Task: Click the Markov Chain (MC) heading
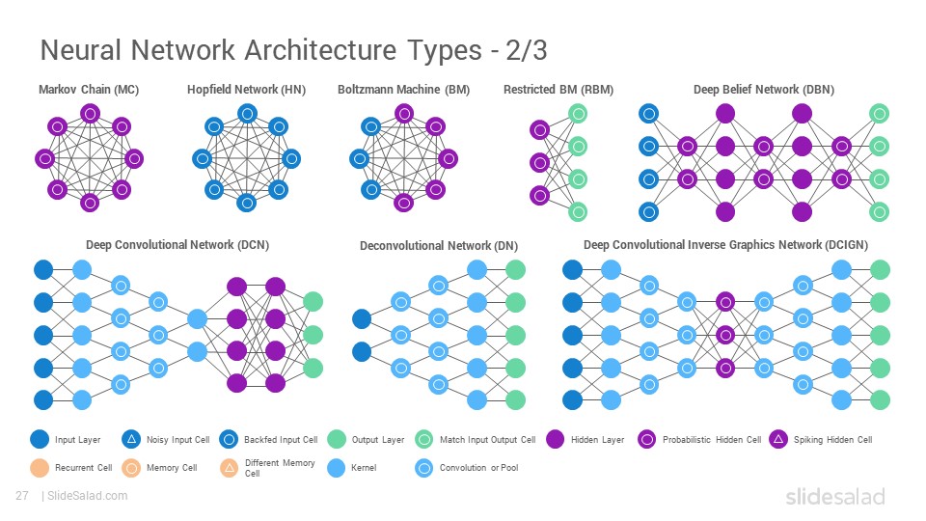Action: pyautogui.click(x=89, y=90)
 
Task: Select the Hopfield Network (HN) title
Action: pyautogui.click(x=246, y=90)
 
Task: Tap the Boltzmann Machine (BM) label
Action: pyautogui.click(x=404, y=90)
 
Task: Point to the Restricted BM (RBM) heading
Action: pyautogui.click(x=558, y=90)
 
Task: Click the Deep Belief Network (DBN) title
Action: pyautogui.click(x=764, y=90)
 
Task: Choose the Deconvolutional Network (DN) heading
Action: pyautogui.click(x=439, y=246)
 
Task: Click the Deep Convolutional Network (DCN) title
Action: pyautogui.click(x=177, y=245)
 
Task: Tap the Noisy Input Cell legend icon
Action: pyautogui.click(x=132, y=440)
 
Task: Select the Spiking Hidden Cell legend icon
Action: pyautogui.click(x=778, y=440)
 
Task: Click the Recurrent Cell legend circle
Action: pyautogui.click(x=40, y=468)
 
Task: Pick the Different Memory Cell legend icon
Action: pyautogui.click(x=230, y=468)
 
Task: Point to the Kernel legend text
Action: pyautogui.click(x=364, y=468)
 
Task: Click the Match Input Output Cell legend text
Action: pyautogui.click(x=488, y=440)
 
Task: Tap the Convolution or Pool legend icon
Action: pyautogui.click(x=424, y=468)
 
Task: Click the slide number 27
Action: pyautogui.click(x=22, y=496)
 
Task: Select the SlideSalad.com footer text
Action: pyautogui.click(x=88, y=496)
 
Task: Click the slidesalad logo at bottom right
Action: pyautogui.click(x=835, y=496)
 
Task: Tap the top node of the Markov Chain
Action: pyautogui.click(x=90, y=114)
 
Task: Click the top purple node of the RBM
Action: pyautogui.click(x=540, y=129)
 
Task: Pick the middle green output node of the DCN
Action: pyautogui.click(x=313, y=335)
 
